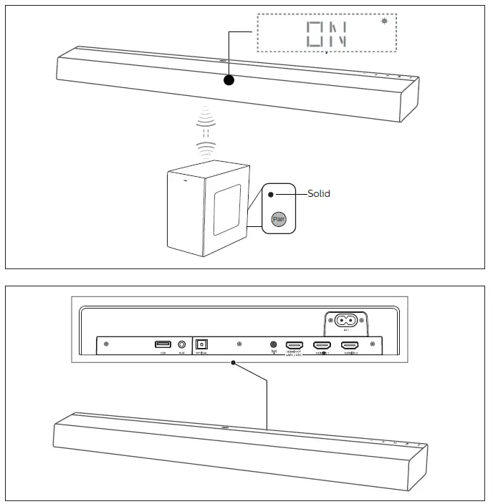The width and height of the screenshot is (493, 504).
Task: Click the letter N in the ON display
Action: (338, 34)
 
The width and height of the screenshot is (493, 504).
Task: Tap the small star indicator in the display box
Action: (384, 21)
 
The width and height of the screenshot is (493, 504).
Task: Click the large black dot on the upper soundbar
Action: (229, 80)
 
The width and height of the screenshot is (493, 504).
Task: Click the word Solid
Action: (319, 194)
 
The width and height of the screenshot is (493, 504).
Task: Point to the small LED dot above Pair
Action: (271, 194)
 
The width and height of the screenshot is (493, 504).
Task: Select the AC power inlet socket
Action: (347, 321)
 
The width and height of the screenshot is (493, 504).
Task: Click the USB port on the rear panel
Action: (163, 344)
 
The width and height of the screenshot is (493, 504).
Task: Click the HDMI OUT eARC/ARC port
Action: (295, 344)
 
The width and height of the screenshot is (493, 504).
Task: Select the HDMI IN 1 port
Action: (322, 344)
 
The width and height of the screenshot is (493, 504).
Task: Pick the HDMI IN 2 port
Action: (350, 344)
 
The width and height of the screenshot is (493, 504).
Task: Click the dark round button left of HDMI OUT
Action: (272, 344)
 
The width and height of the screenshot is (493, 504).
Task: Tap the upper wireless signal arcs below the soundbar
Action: (206, 116)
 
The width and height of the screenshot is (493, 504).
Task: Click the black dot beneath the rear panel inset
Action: (233, 363)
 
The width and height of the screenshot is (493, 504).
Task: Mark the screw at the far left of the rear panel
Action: (107, 344)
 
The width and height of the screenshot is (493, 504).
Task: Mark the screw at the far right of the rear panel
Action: (372, 344)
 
